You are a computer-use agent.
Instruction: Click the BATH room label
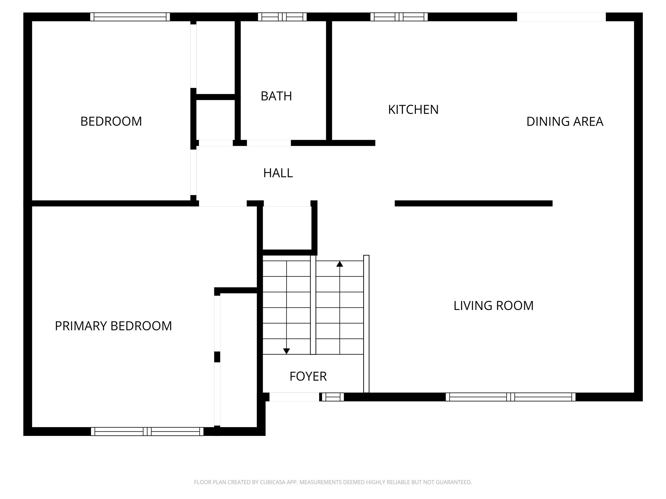pos(276,96)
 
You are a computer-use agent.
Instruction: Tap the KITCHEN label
pos(413,110)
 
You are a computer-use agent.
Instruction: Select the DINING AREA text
pos(565,122)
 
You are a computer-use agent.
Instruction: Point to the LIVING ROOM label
pos(493,306)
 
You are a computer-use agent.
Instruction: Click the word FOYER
pos(308,376)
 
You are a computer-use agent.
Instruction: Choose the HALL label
pos(278,173)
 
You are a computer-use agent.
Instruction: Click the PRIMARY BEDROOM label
pos(113,326)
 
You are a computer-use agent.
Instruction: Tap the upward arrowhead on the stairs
pos(340,264)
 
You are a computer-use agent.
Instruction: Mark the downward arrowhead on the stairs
pos(286,351)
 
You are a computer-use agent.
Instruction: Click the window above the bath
pos(282,17)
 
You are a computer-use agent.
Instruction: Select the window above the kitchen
pos(399,17)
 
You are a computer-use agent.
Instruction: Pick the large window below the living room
pos(510,397)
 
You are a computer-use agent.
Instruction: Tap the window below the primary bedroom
pos(147,431)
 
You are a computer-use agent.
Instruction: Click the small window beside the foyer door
pos(333,397)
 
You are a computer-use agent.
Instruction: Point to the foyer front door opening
pos(294,397)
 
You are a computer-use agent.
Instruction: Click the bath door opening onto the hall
pos(269,143)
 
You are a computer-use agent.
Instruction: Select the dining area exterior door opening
pos(561,17)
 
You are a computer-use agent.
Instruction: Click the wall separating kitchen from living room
pos(473,203)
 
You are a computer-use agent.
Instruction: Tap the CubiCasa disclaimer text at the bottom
pos(333,482)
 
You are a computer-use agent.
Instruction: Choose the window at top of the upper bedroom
pos(130,17)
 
